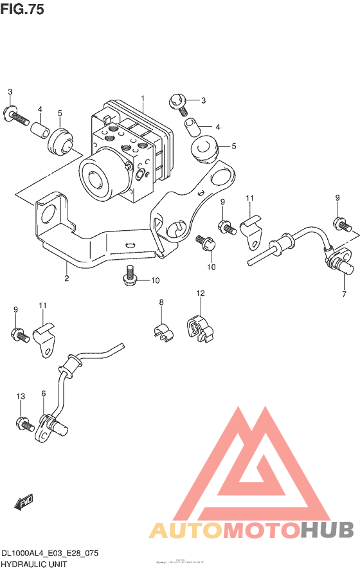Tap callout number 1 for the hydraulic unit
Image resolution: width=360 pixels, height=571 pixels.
143,98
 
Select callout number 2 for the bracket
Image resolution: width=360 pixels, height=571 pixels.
66,278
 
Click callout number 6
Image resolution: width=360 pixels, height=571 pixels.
44,394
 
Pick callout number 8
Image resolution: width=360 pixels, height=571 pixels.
161,302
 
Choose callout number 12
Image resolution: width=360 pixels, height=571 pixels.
200,293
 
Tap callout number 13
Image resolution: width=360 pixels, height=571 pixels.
20,397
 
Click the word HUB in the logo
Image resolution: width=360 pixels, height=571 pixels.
328,529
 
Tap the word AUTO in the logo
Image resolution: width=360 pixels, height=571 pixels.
186,529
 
